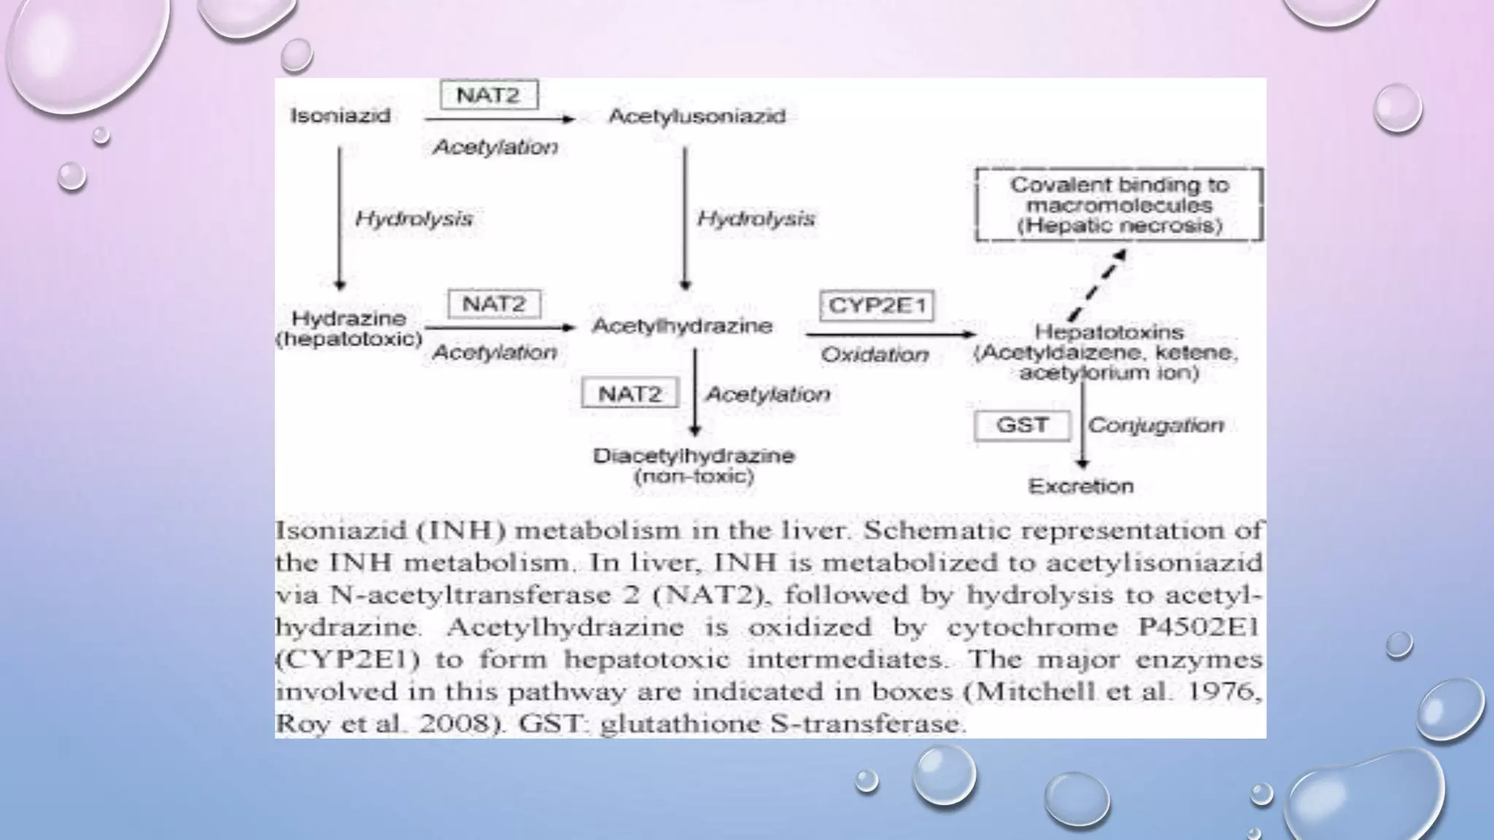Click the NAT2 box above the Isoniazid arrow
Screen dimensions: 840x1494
489,95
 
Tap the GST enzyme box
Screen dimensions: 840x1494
1021,425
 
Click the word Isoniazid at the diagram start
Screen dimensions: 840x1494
341,116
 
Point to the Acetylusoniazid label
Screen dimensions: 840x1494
697,116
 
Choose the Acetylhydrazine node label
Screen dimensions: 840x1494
682,326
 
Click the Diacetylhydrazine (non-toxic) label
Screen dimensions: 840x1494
693,466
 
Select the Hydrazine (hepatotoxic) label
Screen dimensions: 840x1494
349,329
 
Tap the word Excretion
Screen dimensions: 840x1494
1080,486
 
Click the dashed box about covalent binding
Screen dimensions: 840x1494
1119,205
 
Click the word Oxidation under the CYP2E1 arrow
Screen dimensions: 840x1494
875,355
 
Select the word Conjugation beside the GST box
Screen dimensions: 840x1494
1156,425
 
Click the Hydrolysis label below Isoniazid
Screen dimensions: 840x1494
414,219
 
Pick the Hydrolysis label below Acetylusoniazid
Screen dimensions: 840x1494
756,219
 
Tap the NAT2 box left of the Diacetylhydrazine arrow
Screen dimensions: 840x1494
630,394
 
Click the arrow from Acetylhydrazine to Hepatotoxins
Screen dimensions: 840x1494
890,335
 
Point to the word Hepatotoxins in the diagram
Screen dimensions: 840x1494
1109,332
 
